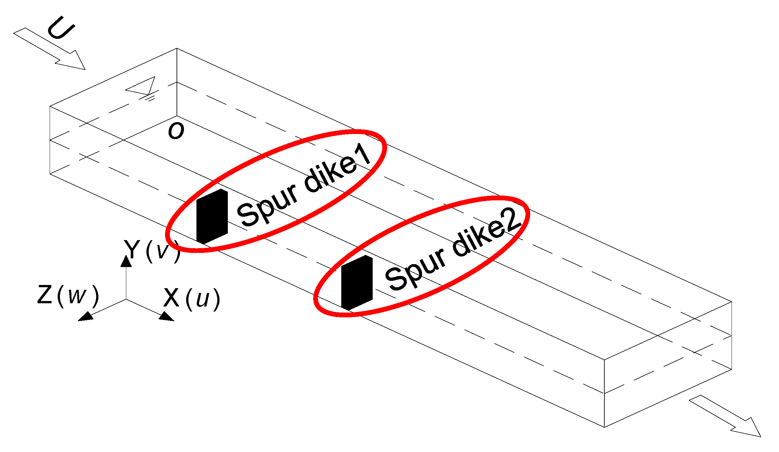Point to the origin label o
click(x=176, y=131)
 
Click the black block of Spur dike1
click(x=212, y=216)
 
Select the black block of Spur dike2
click(x=357, y=283)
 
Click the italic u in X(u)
click(x=203, y=299)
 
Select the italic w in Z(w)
click(x=77, y=296)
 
